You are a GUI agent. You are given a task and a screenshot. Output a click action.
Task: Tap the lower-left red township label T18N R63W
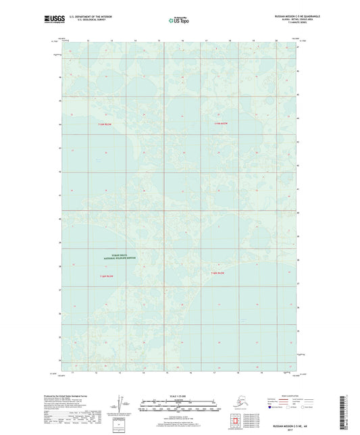[105, 276]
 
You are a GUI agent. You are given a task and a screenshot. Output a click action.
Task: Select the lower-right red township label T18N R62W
[220, 273]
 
